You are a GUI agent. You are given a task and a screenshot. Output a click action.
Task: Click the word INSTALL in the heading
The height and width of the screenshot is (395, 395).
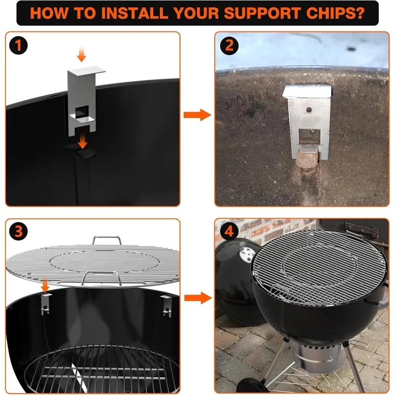pyautogui.click(x=134, y=13)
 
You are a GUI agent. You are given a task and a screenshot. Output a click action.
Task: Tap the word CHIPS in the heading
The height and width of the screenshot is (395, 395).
pyautogui.click(x=335, y=13)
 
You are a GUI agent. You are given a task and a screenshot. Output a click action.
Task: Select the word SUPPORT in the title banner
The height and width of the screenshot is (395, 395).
pyautogui.click(x=262, y=13)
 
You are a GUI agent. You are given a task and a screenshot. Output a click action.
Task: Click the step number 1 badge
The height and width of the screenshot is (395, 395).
pyautogui.click(x=18, y=45)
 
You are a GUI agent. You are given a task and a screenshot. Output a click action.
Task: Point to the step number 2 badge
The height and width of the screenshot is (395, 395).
pyautogui.click(x=229, y=45)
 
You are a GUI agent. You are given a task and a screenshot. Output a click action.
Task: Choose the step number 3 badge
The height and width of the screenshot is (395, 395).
pyautogui.click(x=18, y=231)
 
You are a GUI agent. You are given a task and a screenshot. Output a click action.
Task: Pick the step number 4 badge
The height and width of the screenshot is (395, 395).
pyautogui.click(x=229, y=231)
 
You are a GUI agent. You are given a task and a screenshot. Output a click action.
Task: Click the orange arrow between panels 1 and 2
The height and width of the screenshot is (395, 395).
pyautogui.click(x=197, y=115)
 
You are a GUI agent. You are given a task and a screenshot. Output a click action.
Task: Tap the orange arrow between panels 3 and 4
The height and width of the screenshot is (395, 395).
pyautogui.click(x=198, y=298)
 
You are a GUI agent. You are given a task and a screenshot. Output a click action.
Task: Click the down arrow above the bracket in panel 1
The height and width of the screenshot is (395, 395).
pyautogui.click(x=81, y=54)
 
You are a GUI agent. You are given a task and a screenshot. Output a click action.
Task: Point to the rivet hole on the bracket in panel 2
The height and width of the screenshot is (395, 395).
pyautogui.click(x=309, y=110)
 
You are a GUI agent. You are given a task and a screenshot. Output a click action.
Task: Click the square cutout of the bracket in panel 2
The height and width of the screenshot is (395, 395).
pyautogui.click(x=310, y=137)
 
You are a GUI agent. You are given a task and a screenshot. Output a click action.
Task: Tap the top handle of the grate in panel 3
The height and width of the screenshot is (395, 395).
pyautogui.click(x=107, y=240)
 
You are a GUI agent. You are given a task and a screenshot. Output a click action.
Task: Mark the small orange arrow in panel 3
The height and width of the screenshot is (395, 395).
pyautogui.click(x=45, y=285)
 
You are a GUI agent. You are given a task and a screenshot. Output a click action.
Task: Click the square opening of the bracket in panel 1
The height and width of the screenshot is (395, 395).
pyautogui.click(x=82, y=112)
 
